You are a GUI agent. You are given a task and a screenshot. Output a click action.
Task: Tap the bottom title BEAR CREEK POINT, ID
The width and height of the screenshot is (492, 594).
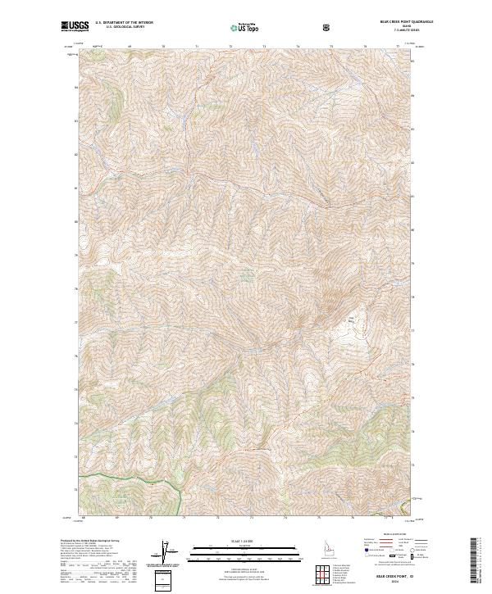[393, 574]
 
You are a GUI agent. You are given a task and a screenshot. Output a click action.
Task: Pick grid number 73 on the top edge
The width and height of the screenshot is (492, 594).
[263, 47]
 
